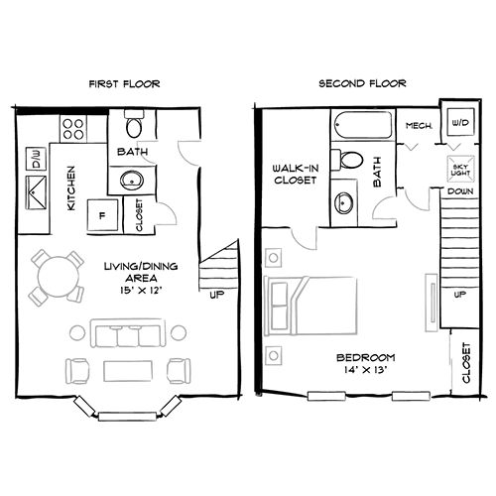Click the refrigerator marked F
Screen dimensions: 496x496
click(99, 213)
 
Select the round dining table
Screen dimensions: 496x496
click(57, 276)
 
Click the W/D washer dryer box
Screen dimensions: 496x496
click(459, 122)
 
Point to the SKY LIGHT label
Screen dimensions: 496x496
click(459, 168)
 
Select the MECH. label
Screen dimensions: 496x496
click(418, 127)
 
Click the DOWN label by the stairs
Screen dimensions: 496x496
click(458, 189)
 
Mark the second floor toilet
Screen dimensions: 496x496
click(348, 161)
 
